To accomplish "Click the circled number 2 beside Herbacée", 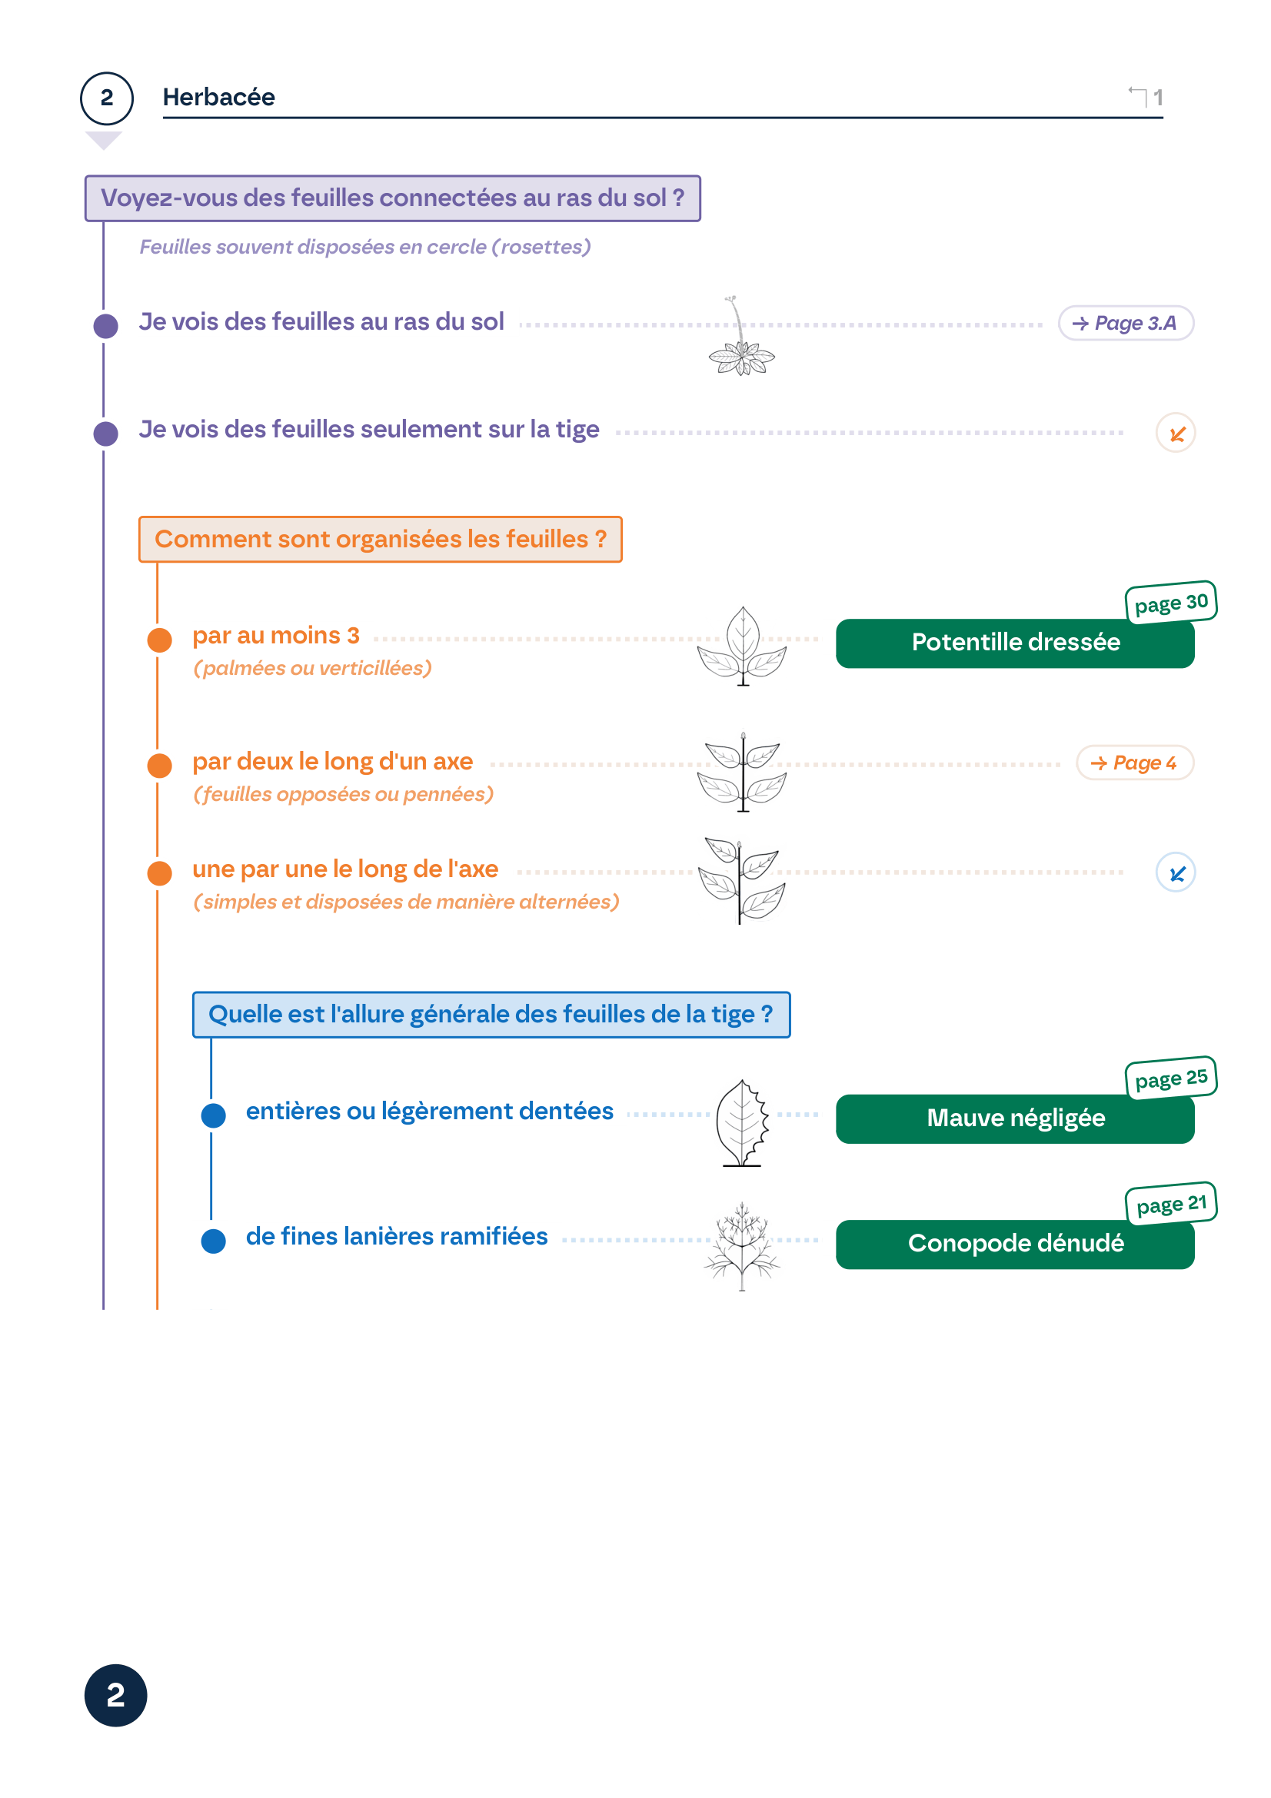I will click(x=107, y=98).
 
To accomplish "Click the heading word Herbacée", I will click(x=218, y=97).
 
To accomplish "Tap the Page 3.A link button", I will click(x=1125, y=323).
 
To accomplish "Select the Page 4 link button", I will click(x=1134, y=762).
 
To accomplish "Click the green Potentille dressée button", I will click(x=1014, y=643).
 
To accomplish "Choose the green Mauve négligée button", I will click(x=1014, y=1118).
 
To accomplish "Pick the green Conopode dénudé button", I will click(x=1014, y=1244).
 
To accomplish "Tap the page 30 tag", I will click(x=1170, y=602).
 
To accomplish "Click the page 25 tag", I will click(x=1170, y=1078).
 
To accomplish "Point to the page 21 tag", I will click(x=1170, y=1203).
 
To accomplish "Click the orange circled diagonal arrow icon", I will click(x=1175, y=433).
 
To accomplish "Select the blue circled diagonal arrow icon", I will click(x=1175, y=872).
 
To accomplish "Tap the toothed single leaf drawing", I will click(x=740, y=1123).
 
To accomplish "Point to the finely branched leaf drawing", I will click(x=740, y=1247).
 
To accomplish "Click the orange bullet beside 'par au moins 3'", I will click(x=160, y=640).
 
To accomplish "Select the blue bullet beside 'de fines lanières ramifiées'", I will click(x=213, y=1241).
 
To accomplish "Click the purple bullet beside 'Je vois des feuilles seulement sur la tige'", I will click(x=105, y=433).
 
